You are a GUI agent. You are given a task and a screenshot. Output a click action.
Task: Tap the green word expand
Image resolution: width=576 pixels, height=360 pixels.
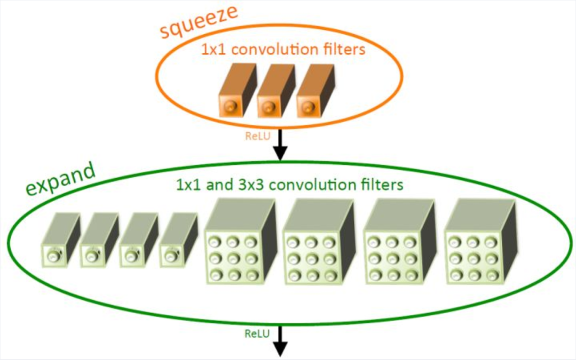point(60,181)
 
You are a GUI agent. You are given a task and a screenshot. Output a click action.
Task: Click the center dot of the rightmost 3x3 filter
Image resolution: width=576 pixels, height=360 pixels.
point(471,258)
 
